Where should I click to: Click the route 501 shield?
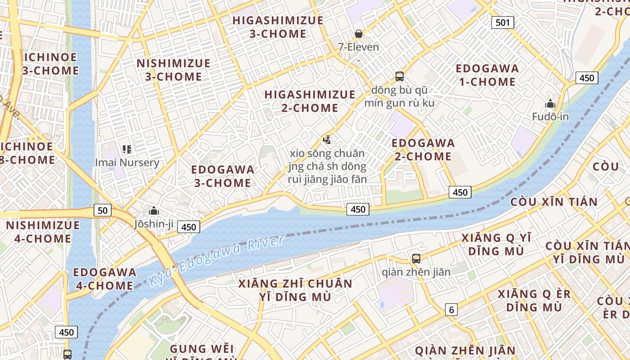pos(503,22)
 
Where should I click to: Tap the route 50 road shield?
pos(103,210)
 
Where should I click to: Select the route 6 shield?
pos(451,309)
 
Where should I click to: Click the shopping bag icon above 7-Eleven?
pos(359,34)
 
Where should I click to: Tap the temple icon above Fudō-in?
pos(550,104)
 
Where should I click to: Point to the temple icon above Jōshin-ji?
pos(153,211)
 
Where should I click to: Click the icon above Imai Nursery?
pos(127,149)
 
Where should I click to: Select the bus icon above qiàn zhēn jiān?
pos(416,259)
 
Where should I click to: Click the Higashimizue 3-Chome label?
pos(278,27)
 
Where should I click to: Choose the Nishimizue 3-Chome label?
pos(173,70)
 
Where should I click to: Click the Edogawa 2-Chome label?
pos(423,150)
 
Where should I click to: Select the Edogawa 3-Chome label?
pos(223,176)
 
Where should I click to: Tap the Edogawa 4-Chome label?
pos(104,279)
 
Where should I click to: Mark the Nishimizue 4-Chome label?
pos(43,232)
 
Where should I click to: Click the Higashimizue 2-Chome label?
pos(310,101)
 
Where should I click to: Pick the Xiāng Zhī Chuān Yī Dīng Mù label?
pos(295,290)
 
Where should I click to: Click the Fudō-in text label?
pos(550,117)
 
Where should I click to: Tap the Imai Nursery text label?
pos(127,162)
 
